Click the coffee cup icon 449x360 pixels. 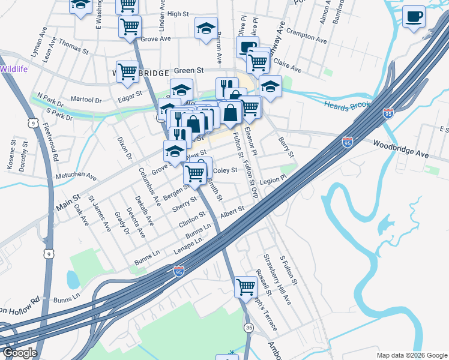pyautogui.click(x=414, y=17)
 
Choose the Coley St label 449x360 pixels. pyautogui.click(x=225, y=170)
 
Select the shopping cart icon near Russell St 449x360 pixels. pyautogui.click(x=246, y=287)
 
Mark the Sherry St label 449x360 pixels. pyautogui.click(x=184, y=203)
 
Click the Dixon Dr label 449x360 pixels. pyautogui.click(x=124, y=147)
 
